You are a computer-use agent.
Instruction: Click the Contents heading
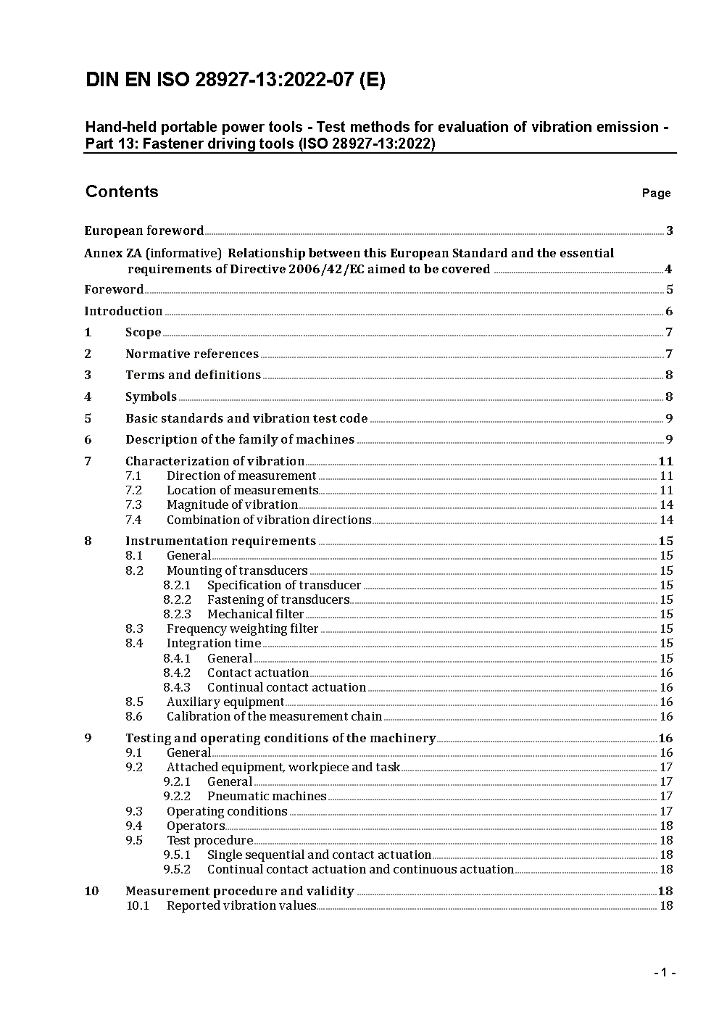pyautogui.click(x=122, y=192)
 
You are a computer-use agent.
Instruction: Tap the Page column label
pyautogui.click(x=656, y=194)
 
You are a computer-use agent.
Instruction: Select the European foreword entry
pyautogui.click(x=144, y=231)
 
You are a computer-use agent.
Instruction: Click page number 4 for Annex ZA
pyautogui.click(x=669, y=270)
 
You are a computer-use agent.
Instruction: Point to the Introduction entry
pyautogui.click(x=123, y=312)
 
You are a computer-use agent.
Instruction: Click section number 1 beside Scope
pyautogui.click(x=88, y=333)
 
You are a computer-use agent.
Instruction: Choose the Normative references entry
pyautogui.click(x=192, y=354)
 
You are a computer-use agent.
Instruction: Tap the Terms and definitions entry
pyautogui.click(x=193, y=375)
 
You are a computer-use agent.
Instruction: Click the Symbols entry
pyautogui.click(x=151, y=397)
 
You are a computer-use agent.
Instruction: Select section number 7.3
pyautogui.click(x=133, y=505)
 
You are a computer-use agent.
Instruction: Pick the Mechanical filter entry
pyautogui.click(x=255, y=615)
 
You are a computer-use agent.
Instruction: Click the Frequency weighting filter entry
pyautogui.click(x=242, y=629)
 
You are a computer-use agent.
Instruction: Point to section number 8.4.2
pyautogui.click(x=177, y=673)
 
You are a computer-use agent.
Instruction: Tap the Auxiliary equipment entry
pyautogui.click(x=225, y=702)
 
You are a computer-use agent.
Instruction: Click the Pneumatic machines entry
pyautogui.click(x=267, y=797)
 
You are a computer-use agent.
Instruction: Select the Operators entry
pyautogui.click(x=196, y=826)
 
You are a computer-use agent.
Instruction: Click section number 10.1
pyautogui.click(x=138, y=906)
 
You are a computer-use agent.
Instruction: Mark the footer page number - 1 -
pyautogui.click(x=664, y=973)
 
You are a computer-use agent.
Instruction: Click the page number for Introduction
pyautogui.click(x=669, y=312)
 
